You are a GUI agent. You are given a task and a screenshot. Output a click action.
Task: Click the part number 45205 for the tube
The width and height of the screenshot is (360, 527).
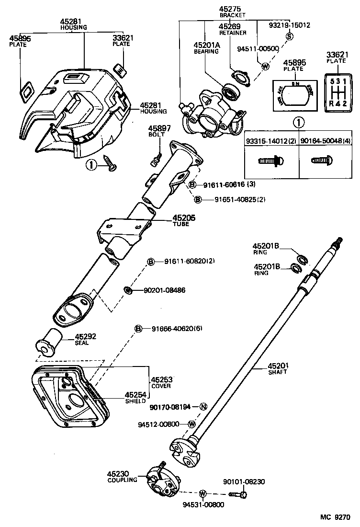pyautogui.click(x=184, y=218)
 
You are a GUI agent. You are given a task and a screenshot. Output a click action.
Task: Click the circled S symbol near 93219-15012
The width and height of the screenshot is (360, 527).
pyautogui.click(x=289, y=36)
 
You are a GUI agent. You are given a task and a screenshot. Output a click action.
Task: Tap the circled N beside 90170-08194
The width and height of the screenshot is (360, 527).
pyautogui.click(x=203, y=407)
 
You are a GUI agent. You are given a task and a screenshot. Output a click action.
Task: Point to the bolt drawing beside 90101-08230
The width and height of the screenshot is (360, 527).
pyautogui.click(x=237, y=493)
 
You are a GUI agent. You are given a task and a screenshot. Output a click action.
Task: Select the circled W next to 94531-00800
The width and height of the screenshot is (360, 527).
pyautogui.click(x=202, y=493)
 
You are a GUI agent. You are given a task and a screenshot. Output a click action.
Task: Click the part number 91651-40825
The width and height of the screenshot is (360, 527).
pyautogui.click(x=233, y=199)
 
